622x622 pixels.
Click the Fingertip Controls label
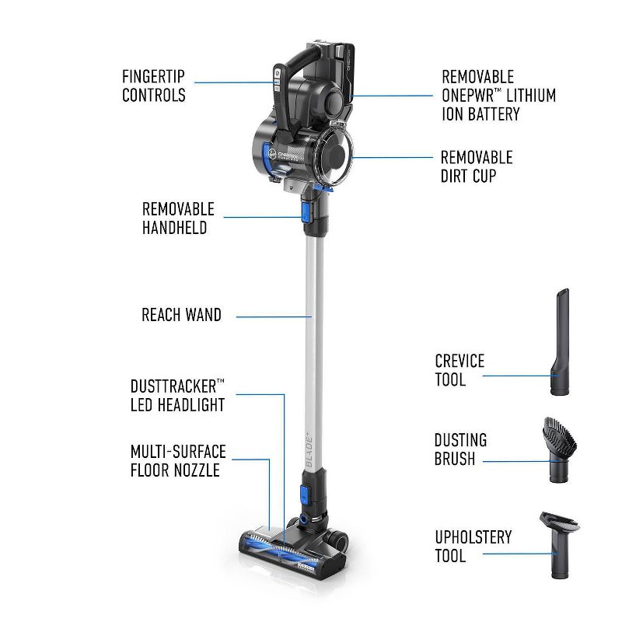tap(153, 86)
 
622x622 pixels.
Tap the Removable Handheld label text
tap(177, 218)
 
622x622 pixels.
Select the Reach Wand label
tap(181, 315)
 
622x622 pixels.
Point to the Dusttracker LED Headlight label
tap(177, 395)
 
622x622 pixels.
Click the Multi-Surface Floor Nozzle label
tap(177, 461)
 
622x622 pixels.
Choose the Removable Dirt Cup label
tap(477, 166)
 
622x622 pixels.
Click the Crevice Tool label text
tap(460, 370)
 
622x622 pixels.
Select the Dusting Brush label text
tap(460, 449)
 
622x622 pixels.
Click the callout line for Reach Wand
tap(272, 316)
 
